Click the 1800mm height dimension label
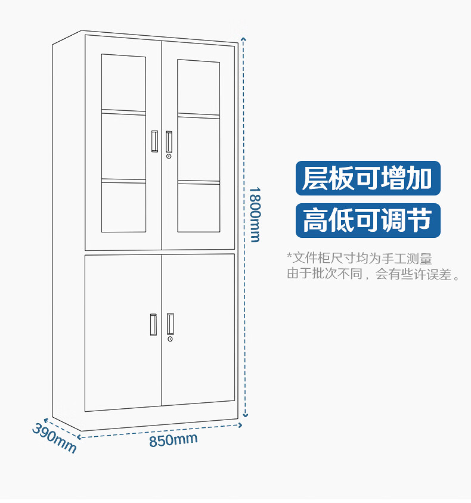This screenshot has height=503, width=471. point(255,214)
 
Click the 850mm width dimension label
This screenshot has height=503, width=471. point(173,440)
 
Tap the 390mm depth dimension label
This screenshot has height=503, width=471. point(54,438)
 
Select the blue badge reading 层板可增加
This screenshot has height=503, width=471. point(367,178)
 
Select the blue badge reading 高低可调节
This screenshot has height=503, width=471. point(367,220)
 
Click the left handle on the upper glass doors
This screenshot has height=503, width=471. point(154,141)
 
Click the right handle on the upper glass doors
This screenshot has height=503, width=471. point(169,141)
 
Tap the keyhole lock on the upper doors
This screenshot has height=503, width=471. point(169,156)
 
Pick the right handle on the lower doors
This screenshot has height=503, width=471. point(171,324)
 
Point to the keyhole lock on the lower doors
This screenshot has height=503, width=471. point(170,339)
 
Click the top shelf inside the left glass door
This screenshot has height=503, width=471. point(123,111)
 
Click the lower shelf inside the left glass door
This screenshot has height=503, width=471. point(123,181)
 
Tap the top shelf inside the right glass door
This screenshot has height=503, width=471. point(199,115)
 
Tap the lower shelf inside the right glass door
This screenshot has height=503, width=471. point(199,182)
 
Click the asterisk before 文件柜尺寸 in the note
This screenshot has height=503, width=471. point(289,257)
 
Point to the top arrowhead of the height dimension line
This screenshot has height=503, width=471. point(243,39)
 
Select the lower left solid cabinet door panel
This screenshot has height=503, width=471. point(123,333)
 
